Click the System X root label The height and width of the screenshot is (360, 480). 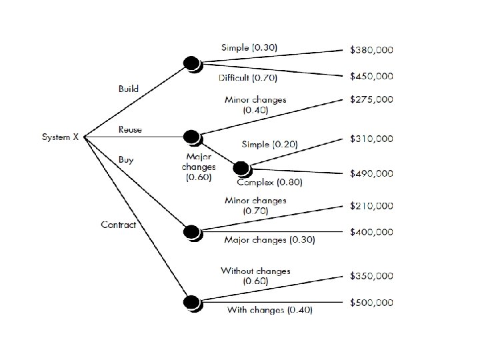(x=61, y=137)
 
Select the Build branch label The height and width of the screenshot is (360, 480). (x=129, y=88)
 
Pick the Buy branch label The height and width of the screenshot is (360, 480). (x=125, y=159)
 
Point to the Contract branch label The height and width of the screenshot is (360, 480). (x=118, y=225)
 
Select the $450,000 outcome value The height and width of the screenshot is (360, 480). (x=371, y=76)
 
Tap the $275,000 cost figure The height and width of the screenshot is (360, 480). (x=371, y=99)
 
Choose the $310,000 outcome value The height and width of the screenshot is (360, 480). (x=371, y=139)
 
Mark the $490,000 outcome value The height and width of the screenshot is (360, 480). (x=371, y=173)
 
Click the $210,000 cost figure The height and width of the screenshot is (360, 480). (x=371, y=205)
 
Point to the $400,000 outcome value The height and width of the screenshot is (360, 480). (x=371, y=232)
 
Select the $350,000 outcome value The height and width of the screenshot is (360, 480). (x=371, y=275)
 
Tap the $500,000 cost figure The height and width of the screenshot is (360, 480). (x=371, y=302)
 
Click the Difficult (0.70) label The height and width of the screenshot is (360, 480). (x=249, y=78)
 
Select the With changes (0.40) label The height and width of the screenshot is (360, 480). (x=269, y=310)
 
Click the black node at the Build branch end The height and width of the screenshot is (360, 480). (x=192, y=63)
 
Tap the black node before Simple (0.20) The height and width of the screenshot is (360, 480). (x=241, y=167)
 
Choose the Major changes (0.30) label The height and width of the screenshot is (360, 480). (x=269, y=240)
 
